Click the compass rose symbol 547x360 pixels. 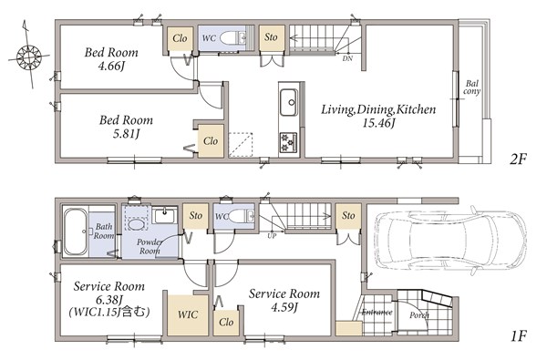coord(28,55)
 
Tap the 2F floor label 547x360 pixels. coord(518,159)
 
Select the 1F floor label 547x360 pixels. coord(519,336)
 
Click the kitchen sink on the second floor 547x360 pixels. coord(289,102)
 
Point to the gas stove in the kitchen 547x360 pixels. coord(288,142)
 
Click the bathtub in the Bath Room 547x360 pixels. coord(76,231)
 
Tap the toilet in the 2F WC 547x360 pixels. coord(232,37)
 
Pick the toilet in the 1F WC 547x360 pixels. coord(241,216)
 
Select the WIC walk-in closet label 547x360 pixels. coord(188,314)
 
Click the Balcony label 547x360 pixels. coord(471,87)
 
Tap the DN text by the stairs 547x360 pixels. coord(347,58)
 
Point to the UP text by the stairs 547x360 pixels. coord(272,236)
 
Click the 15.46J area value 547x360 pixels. coord(378,123)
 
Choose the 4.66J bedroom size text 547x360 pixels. coord(111,66)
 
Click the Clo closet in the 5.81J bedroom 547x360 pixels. coord(211,141)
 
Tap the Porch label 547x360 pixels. coord(419,315)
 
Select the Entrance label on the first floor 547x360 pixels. coord(377,313)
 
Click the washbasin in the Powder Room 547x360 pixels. coord(165,216)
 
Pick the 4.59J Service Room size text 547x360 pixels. coord(284,308)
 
